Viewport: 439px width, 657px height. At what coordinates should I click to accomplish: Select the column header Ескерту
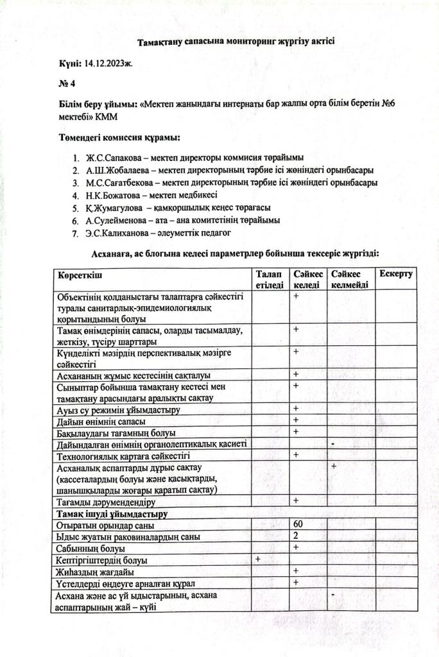pyautogui.click(x=395, y=275)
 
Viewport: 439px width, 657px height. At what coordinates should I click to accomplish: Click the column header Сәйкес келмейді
pyautogui.click(x=350, y=280)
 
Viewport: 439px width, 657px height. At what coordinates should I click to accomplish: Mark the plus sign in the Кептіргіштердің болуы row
pyautogui.click(x=258, y=559)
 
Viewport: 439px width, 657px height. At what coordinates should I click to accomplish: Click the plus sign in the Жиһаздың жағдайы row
pyautogui.click(x=297, y=570)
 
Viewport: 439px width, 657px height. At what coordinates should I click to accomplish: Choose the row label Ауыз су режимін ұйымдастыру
pyautogui.click(x=118, y=409)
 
